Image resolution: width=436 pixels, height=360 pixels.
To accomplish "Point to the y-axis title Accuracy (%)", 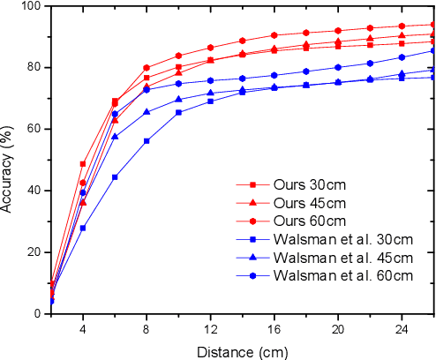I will (x=8, y=159).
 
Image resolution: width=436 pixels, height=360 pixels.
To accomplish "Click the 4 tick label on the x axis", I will (x=83, y=327).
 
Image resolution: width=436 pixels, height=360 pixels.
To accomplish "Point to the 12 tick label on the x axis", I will (x=210, y=327).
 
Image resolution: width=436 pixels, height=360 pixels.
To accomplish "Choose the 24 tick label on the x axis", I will (x=402, y=327).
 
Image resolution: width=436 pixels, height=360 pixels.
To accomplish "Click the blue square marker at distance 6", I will (x=115, y=176).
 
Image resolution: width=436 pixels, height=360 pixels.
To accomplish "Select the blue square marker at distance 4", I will (x=83, y=228).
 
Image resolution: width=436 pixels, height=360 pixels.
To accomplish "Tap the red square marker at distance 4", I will (x=83, y=164).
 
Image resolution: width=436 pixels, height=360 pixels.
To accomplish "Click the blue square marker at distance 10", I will (x=178, y=112).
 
